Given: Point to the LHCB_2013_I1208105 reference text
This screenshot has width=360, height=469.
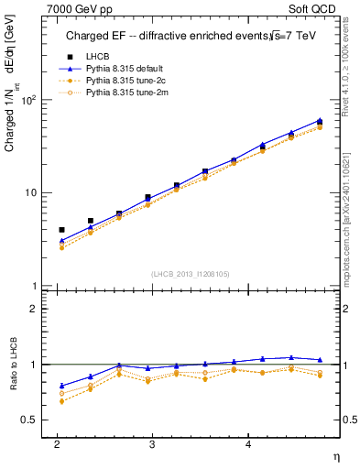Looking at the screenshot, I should [191, 273].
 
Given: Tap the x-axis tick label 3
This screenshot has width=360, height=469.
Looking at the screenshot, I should [152, 443].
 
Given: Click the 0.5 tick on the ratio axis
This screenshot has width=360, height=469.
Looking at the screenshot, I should [29, 420].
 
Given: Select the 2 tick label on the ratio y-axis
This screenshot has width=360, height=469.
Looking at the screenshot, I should [33, 310].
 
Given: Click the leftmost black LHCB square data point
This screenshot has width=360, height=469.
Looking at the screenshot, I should [61, 230].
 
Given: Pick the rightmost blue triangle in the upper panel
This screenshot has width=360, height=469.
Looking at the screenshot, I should [319, 120].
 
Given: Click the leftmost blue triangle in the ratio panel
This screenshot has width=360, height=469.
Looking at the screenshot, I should [61, 386].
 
